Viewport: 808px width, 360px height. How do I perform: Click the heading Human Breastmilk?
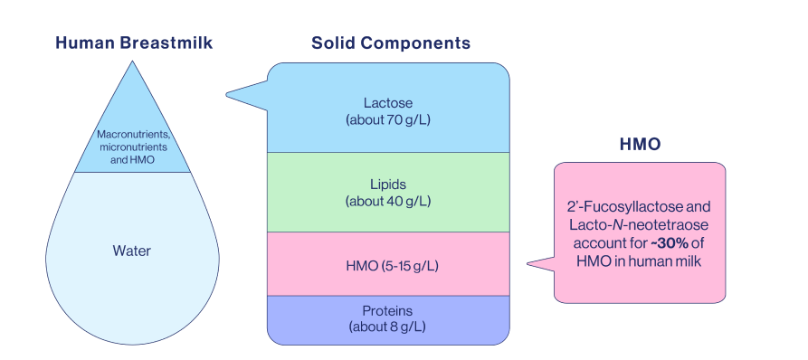tap(134, 43)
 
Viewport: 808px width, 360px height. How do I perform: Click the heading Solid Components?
tap(390, 43)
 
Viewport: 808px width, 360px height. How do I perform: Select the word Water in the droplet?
tap(131, 251)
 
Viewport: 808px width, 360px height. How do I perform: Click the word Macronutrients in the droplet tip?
tap(133, 136)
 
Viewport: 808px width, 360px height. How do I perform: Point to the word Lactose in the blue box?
tap(388, 104)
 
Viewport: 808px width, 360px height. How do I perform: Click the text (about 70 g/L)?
tap(388, 118)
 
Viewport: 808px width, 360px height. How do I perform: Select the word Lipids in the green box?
tap(388, 185)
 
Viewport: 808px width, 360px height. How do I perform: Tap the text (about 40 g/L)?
tap(388, 200)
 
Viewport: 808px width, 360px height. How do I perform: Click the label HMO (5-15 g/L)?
tap(388, 265)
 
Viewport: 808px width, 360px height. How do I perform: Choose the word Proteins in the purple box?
tap(388, 310)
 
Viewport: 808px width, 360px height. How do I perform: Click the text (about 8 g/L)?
tap(388, 326)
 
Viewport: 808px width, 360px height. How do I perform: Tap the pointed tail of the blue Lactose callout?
tap(229, 91)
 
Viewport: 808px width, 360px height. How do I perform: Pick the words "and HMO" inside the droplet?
tap(132, 159)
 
